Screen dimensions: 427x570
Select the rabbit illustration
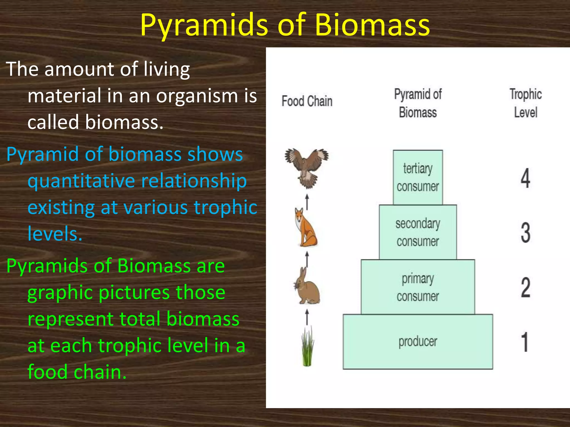307,286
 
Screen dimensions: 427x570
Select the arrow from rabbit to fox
307,259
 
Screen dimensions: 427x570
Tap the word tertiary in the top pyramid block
417,168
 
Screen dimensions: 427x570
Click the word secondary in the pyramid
417,224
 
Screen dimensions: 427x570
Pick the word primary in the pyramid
417,279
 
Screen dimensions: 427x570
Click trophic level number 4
525,178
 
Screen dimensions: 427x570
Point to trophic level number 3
525,233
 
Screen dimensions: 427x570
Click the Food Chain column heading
307,101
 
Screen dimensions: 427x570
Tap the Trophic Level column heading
525,103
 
